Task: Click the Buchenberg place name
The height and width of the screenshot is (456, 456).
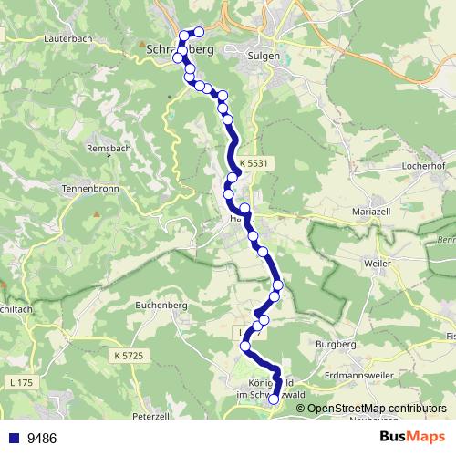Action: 160,306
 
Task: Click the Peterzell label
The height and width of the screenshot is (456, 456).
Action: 152,416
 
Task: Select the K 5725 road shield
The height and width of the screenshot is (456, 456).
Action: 131,354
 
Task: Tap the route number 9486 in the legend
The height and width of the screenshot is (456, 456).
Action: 41,438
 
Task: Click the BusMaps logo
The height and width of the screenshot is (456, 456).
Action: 412,437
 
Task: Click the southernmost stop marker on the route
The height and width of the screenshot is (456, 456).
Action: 274,399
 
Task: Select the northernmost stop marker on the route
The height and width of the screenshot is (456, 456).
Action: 199,31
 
